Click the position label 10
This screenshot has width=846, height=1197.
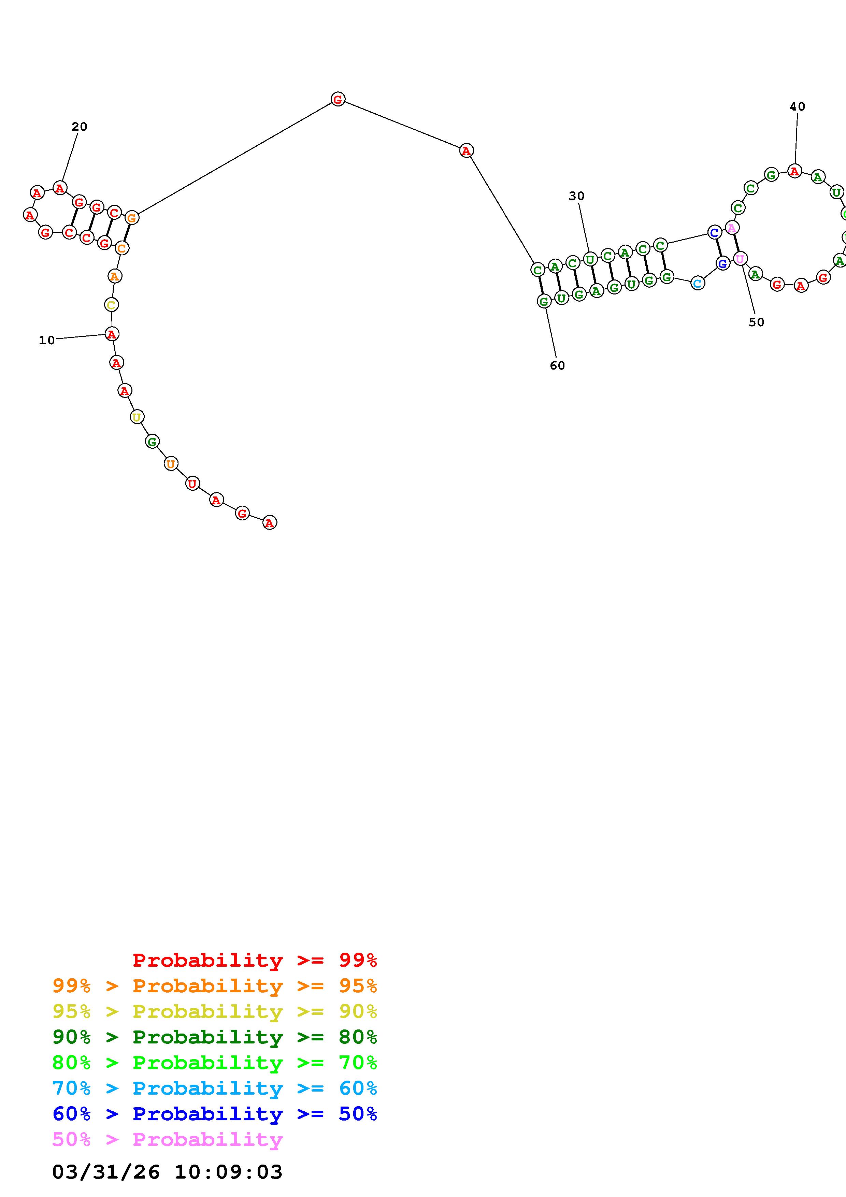point(47,341)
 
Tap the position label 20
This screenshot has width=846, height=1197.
point(79,127)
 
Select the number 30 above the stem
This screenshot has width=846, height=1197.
point(576,196)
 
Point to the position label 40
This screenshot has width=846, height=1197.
point(798,107)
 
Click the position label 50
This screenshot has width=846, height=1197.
point(756,322)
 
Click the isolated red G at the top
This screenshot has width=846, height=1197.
point(338,99)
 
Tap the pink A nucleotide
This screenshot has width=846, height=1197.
point(732,228)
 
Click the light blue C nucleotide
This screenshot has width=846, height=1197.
point(698,283)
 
